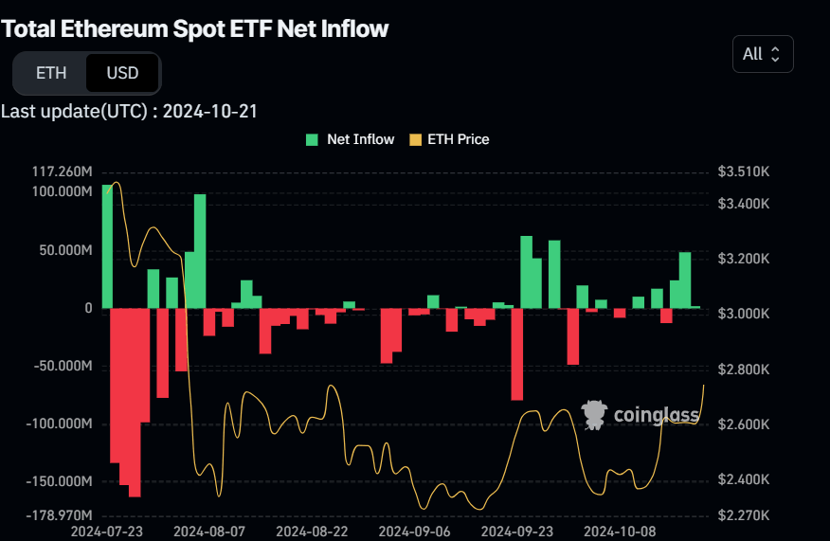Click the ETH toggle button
click(50, 73)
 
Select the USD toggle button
click(122, 73)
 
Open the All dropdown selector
click(762, 54)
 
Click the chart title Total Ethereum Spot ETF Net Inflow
click(195, 28)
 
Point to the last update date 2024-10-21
click(210, 111)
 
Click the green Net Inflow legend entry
click(350, 139)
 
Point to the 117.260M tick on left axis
click(62, 172)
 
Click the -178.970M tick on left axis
click(60, 515)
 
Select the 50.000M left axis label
click(63, 250)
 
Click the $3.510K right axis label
click(744, 172)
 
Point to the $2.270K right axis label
click(744, 515)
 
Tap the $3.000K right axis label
click(744, 314)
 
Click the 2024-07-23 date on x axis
click(107, 532)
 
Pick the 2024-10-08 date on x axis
click(620, 532)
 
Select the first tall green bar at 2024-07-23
click(107, 246)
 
